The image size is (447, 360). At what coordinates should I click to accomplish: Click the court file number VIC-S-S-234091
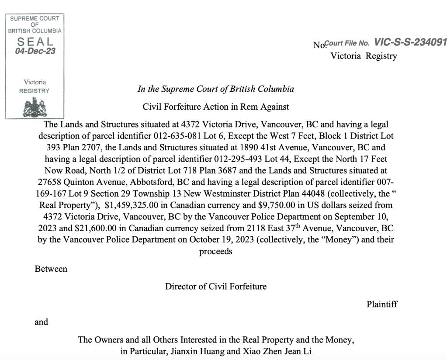click(411, 42)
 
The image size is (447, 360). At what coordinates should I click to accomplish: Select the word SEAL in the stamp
click(35, 42)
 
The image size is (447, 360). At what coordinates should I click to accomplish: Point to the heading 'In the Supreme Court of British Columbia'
click(216, 89)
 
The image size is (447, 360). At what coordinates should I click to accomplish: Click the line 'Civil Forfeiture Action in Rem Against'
click(216, 106)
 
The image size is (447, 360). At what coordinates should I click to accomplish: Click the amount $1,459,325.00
click(133, 205)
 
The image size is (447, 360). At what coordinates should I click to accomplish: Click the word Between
click(51, 269)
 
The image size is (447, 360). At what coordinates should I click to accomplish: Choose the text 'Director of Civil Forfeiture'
click(216, 287)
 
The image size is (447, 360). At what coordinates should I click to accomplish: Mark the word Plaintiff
click(382, 305)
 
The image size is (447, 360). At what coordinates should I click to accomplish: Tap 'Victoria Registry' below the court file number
click(364, 56)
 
